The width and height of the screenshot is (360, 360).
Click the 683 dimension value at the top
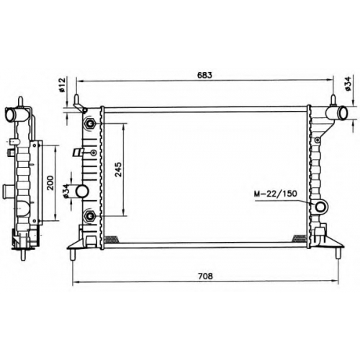click(x=204, y=75)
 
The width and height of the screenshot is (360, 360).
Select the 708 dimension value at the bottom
click(x=205, y=276)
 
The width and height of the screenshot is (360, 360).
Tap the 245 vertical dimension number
click(x=118, y=169)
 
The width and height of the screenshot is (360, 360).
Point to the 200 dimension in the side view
click(x=50, y=183)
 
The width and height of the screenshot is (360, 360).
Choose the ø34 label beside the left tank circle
click(x=66, y=192)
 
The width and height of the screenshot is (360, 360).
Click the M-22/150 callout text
click(x=276, y=194)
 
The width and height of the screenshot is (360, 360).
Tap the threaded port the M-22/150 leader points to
click(x=320, y=207)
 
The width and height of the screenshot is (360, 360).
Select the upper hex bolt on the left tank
click(x=90, y=124)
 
